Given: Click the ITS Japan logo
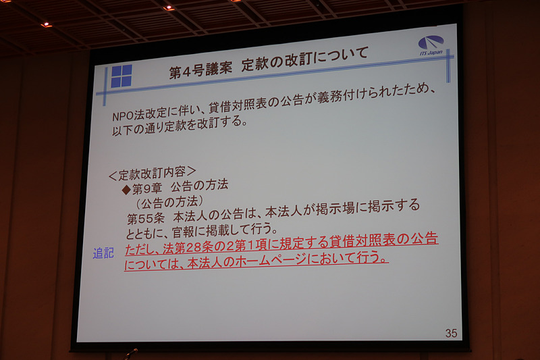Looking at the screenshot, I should click(431, 45).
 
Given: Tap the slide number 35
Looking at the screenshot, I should click(451, 333).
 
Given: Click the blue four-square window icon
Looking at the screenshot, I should click(122, 76).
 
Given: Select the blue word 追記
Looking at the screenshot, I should click(103, 254).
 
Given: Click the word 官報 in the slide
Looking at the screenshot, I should click(186, 230).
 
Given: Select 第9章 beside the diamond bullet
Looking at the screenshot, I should click(147, 188).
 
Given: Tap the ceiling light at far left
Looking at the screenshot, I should click(46, 24).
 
